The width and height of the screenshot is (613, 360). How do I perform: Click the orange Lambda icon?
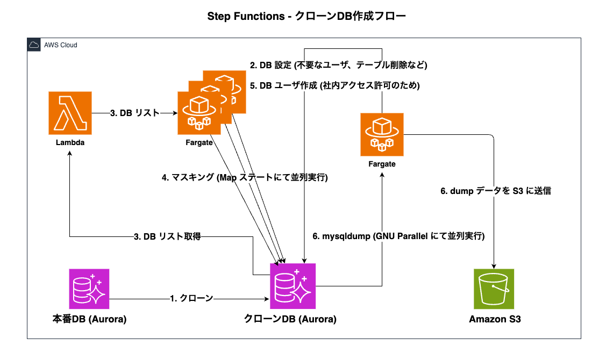(x=70, y=113)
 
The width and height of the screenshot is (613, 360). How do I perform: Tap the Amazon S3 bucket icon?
(x=494, y=289)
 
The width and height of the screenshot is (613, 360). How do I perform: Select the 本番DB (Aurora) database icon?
(x=89, y=289)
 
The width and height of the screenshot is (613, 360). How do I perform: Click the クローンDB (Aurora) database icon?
(x=293, y=286)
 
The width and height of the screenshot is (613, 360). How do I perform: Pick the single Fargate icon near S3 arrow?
(x=382, y=135)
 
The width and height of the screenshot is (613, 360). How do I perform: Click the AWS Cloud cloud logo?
(x=34, y=45)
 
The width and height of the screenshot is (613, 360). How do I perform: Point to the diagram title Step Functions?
(x=246, y=17)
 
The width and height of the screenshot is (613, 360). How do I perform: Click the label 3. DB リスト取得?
(x=167, y=236)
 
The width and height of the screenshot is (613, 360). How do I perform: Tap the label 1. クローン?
(x=191, y=298)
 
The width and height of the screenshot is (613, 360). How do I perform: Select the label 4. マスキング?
(x=188, y=177)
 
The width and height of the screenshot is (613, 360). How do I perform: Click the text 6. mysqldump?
(x=341, y=236)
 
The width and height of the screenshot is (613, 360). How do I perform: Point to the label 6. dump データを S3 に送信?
(x=496, y=191)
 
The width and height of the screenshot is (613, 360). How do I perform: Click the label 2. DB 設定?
(x=270, y=65)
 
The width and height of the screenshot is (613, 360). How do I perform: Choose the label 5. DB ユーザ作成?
(x=283, y=85)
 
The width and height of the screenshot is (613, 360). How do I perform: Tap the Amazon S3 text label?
(x=495, y=319)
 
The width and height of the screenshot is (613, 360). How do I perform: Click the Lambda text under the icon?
(x=70, y=142)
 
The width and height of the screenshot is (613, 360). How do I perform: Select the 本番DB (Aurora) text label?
(x=89, y=319)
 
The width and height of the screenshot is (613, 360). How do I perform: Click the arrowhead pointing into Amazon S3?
(x=494, y=266)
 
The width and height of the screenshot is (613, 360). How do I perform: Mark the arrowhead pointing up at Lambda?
(x=69, y=154)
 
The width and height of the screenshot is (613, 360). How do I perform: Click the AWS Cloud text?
(x=61, y=45)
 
